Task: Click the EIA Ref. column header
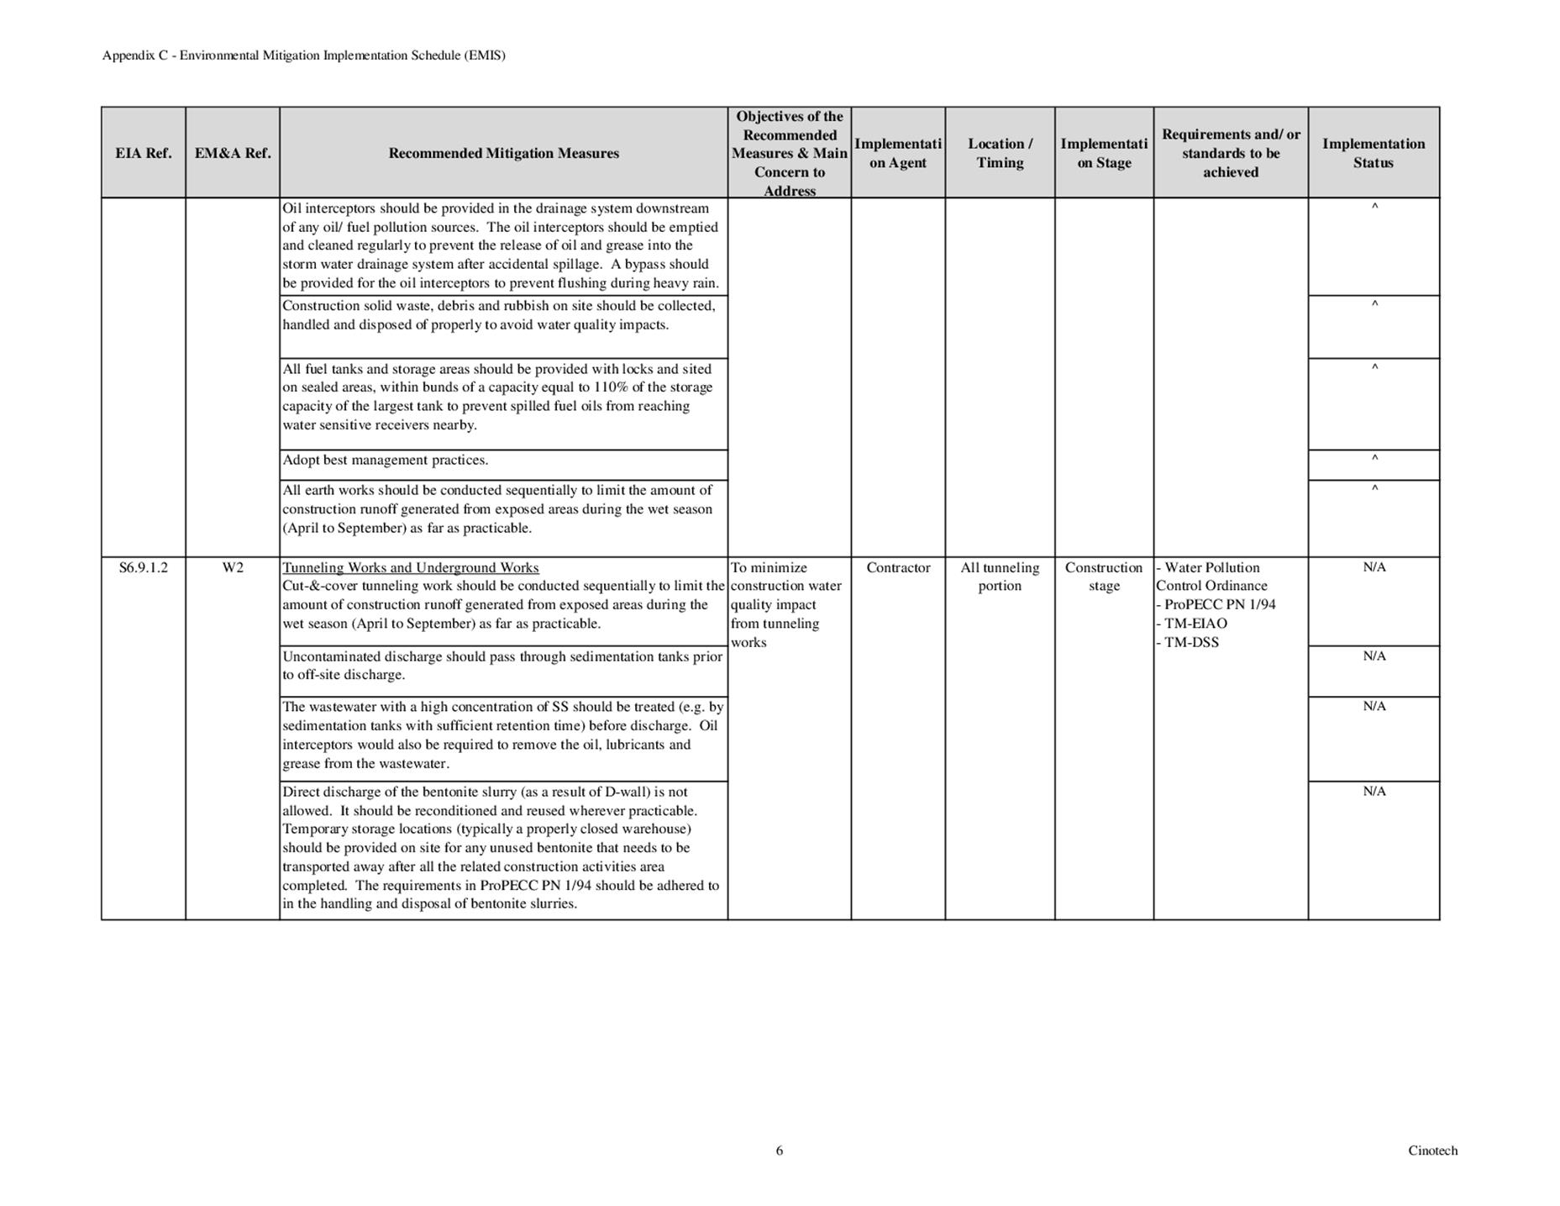[x=143, y=153]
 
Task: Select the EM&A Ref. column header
[x=233, y=153]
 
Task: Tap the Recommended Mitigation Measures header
[x=503, y=153]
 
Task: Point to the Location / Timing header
[x=1000, y=153]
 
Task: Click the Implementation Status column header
[x=1374, y=153]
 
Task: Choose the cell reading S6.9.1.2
[x=143, y=567]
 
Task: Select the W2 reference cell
[x=233, y=567]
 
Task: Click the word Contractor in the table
[x=898, y=567]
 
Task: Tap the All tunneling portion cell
[x=1000, y=577]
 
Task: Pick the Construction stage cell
[x=1104, y=577]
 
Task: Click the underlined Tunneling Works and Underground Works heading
[x=411, y=567]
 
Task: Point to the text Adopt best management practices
[x=385, y=460]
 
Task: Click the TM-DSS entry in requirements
[x=1191, y=642]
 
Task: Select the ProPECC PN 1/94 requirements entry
[x=1219, y=604]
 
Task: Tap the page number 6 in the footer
[x=779, y=1151]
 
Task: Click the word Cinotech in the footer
[x=1432, y=1151]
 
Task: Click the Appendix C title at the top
[x=303, y=55]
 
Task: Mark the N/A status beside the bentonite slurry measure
[x=1374, y=791]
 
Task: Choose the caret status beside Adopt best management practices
[x=1374, y=459]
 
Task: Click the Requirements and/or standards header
[x=1231, y=153]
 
